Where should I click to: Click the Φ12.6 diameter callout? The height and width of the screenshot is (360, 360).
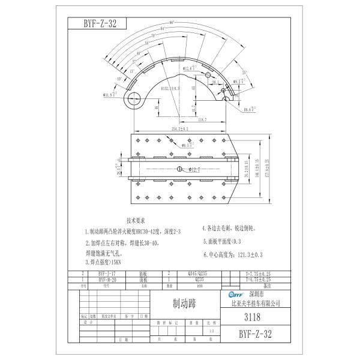point(190,68)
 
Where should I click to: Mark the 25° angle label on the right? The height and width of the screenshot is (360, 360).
point(245,72)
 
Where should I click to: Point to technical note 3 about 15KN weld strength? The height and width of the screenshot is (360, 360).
point(105,262)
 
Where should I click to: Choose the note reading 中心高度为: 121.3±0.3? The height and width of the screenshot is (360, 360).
point(233,254)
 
